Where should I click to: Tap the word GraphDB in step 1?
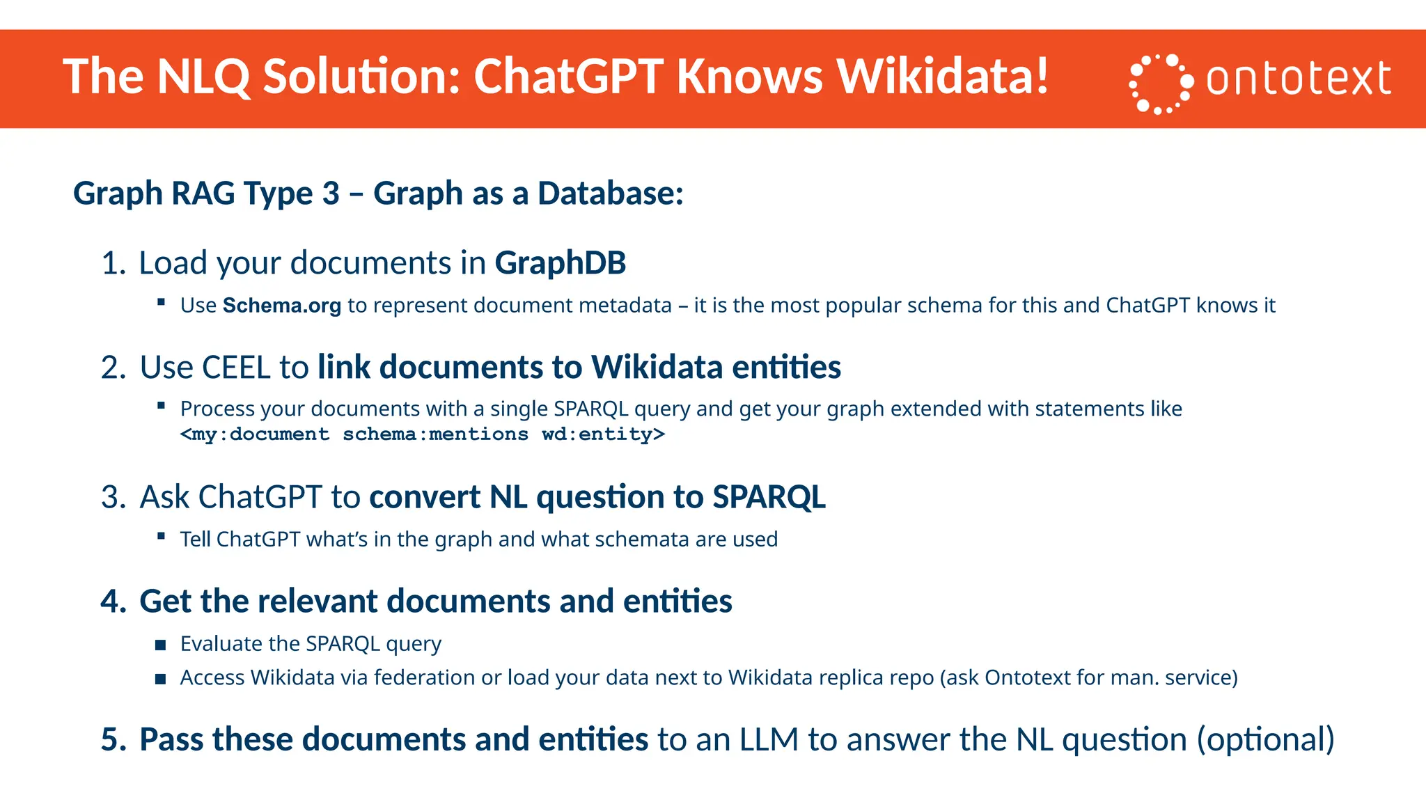tap(560, 263)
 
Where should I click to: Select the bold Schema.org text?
tap(281, 306)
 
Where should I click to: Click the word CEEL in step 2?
tap(235, 368)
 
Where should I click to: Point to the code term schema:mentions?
tap(435, 434)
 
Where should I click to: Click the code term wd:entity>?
tap(603, 434)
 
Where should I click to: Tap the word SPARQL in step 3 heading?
tap(769, 497)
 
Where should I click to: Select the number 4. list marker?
tap(113, 601)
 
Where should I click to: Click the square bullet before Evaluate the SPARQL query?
tap(161, 645)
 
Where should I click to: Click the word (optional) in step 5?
tap(1265, 739)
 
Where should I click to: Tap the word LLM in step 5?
tap(769, 739)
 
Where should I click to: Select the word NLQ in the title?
tap(203, 76)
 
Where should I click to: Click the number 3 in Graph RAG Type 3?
tap(331, 194)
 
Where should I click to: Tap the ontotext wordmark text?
tap(1299, 79)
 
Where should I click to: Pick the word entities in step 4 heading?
tap(677, 601)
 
